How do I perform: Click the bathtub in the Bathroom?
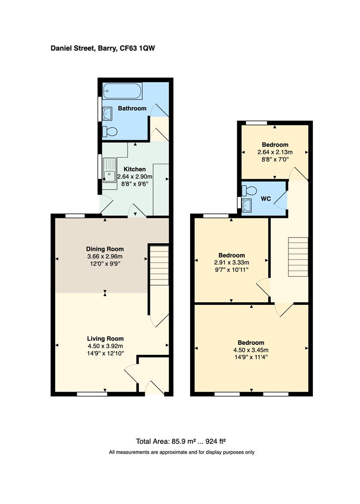(x=122, y=91)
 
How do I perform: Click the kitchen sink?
(x=109, y=170)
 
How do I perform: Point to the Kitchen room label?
(x=135, y=169)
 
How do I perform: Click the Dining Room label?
(x=105, y=249)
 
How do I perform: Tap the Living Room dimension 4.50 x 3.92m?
(x=106, y=346)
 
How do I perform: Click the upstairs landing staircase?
(x=298, y=257)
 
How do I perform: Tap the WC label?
(x=266, y=199)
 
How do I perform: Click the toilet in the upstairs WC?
(x=249, y=191)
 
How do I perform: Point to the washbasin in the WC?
(x=247, y=204)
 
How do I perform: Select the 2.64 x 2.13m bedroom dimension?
(x=275, y=152)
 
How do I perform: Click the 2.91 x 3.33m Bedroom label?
(x=232, y=256)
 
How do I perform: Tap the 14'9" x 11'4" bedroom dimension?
(x=251, y=357)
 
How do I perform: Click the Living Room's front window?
(x=92, y=394)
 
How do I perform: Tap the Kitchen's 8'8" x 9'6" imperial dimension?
(x=135, y=184)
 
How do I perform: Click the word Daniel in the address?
(x=61, y=49)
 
